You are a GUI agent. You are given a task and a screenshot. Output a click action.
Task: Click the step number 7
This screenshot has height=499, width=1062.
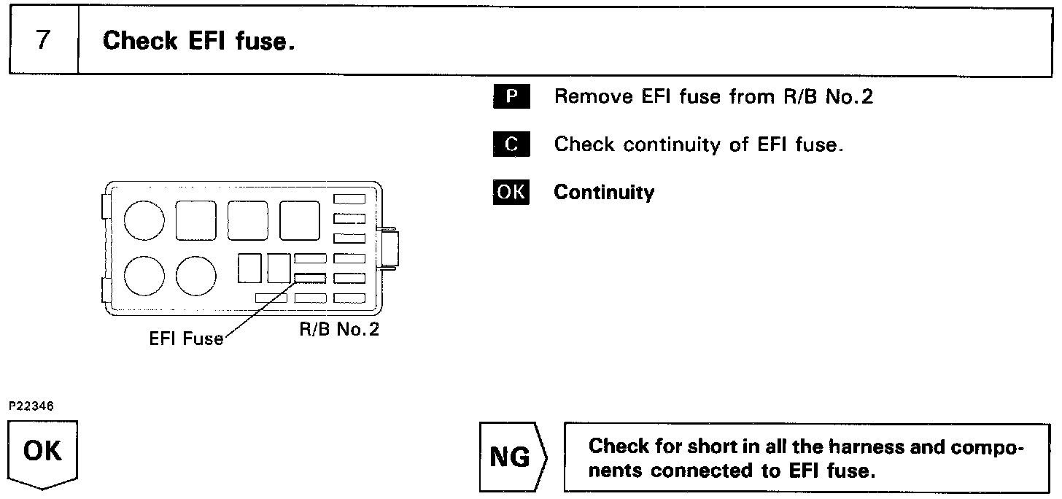[x=43, y=40]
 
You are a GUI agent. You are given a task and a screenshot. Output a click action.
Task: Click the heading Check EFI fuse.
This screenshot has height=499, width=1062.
[x=198, y=41]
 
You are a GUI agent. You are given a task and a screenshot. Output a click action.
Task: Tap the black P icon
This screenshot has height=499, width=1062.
[x=511, y=97]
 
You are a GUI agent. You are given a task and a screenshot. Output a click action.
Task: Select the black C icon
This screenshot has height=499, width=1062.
[x=511, y=144]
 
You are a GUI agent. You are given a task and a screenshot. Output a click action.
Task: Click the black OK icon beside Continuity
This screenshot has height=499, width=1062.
[x=511, y=192]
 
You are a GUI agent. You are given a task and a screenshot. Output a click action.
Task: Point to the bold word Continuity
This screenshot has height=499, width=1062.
[x=604, y=193]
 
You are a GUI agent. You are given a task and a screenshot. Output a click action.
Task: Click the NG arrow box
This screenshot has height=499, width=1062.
[x=512, y=457]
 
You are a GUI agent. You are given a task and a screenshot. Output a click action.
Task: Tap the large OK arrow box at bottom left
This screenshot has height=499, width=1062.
[x=43, y=453]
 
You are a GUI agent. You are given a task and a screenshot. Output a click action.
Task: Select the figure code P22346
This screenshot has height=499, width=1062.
[x=31, y=406]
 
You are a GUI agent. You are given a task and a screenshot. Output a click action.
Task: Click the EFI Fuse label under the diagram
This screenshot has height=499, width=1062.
[x=186, y=339]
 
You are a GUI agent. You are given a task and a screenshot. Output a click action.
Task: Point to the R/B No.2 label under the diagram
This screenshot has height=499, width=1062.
[x=339, y=329]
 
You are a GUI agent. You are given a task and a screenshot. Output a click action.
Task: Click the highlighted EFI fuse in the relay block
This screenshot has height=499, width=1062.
[x=310, y=277]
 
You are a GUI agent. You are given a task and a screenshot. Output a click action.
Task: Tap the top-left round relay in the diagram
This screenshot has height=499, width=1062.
[x=144, y=220]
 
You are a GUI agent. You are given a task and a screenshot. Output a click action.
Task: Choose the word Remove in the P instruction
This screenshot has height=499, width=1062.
[x=586, y=97]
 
